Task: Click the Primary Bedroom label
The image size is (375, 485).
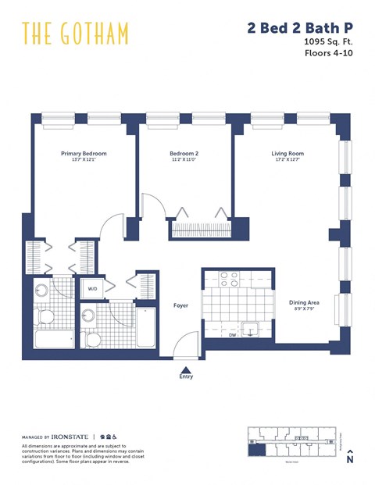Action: pyautogui.click(x=84, y=154)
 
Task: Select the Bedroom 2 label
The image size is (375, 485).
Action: pyautogui.click(x=185, y=154)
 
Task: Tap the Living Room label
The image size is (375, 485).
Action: pyautogui.click(x=287, y=154)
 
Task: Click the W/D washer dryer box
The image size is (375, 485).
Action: pyautogui.click(x=93, y=289)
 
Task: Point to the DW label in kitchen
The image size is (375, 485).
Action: pyautogui.click(x=233, y=336)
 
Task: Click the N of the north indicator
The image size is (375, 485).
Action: pyautogui.click(x=351, y=461)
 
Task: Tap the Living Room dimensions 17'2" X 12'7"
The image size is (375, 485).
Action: pyautogui.click(x=287, y=161)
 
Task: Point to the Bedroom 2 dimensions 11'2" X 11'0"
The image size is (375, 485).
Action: pyautogui.click(x=185, y=161)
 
